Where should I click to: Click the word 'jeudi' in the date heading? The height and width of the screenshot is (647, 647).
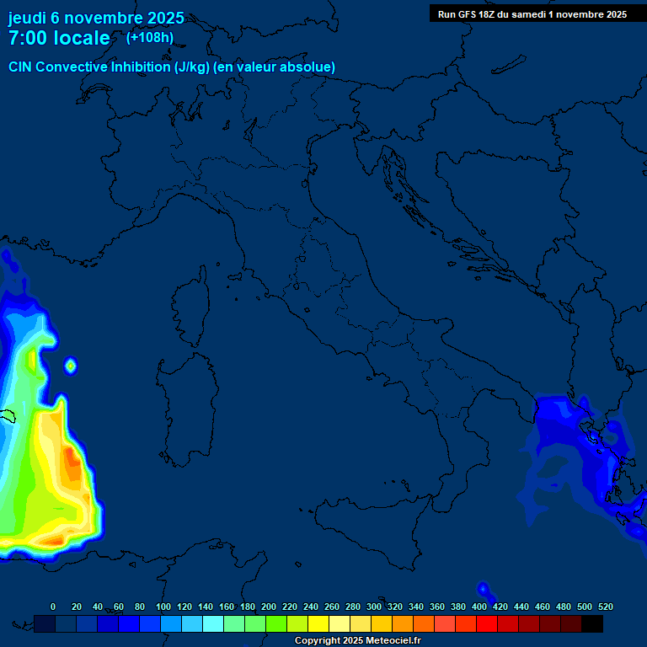[28, 18]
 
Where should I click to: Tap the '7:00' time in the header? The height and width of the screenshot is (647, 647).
[29, 38]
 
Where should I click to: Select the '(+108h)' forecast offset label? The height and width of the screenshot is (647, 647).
[150, 37]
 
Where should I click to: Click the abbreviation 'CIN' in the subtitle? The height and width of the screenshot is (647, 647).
[21, 67]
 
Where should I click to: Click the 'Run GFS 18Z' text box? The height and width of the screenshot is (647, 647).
[532, 14]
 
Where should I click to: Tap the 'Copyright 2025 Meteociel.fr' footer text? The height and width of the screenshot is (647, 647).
[357, 641]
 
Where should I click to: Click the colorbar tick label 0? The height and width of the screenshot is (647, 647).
[53, 607]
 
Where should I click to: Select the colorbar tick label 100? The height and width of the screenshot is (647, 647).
[163, 607]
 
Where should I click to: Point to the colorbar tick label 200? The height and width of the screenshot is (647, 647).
[269, 607]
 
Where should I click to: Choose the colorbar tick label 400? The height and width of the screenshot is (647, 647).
[479, 607]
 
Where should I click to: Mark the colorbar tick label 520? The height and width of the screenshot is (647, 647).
[604, 607]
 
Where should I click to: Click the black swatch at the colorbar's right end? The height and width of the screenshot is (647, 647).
[592, 623]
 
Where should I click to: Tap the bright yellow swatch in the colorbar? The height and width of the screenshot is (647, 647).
[318, 623]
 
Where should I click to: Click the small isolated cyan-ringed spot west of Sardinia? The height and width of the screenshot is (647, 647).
[71, 365]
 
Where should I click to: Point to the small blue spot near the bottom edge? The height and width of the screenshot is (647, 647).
[483, 588]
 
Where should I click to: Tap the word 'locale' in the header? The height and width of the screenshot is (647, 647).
[80, 38]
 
